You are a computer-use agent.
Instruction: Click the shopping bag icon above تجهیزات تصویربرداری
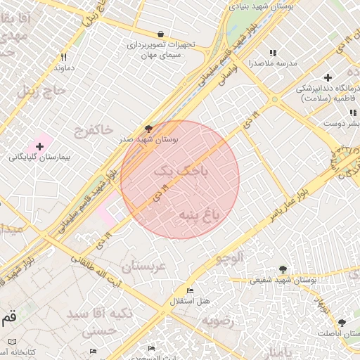click(x=161, y=34)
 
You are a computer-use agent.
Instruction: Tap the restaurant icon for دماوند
click(x=63, y=58)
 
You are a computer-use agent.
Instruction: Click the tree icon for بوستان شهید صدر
click(x=148, y=129)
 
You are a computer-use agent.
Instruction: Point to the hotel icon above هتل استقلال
click(x=190, y=290)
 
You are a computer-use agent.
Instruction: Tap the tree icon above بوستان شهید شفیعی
click(x=283, y=269)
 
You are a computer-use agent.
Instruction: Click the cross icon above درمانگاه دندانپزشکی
click(x=328, y=77)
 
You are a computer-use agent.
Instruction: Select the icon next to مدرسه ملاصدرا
click(x=273, y=53)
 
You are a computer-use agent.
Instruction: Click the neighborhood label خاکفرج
click(x=92, y=129)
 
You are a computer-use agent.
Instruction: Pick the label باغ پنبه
click(x=199, y=214)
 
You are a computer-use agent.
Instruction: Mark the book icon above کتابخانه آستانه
click(x=12, y=341)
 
